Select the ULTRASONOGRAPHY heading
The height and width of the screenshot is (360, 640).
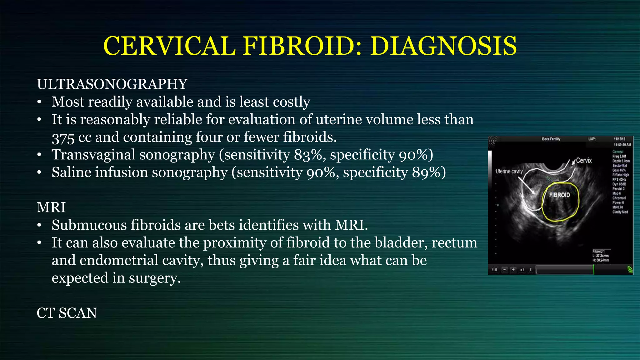coord(112,84)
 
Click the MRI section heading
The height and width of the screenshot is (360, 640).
coord(51,207)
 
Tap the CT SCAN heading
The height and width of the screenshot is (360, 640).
coord(67,313)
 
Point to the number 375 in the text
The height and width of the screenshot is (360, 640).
coord(63,138)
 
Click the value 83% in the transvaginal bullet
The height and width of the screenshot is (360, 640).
coord(308,155)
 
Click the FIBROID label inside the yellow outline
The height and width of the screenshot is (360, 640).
coord(559,195)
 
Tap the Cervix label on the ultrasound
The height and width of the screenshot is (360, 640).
coord(583,161)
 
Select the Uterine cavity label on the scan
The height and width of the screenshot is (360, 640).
coord(509,171)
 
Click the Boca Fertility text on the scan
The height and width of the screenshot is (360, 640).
coord(551,139)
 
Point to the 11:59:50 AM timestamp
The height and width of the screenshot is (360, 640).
coord(622,145)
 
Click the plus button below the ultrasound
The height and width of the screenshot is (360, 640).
coord(513,270)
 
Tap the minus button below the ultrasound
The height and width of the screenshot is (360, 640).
coord(504,270)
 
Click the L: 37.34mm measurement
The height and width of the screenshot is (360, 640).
coord(600,256)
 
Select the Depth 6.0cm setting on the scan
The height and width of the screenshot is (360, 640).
coord(621,161)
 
